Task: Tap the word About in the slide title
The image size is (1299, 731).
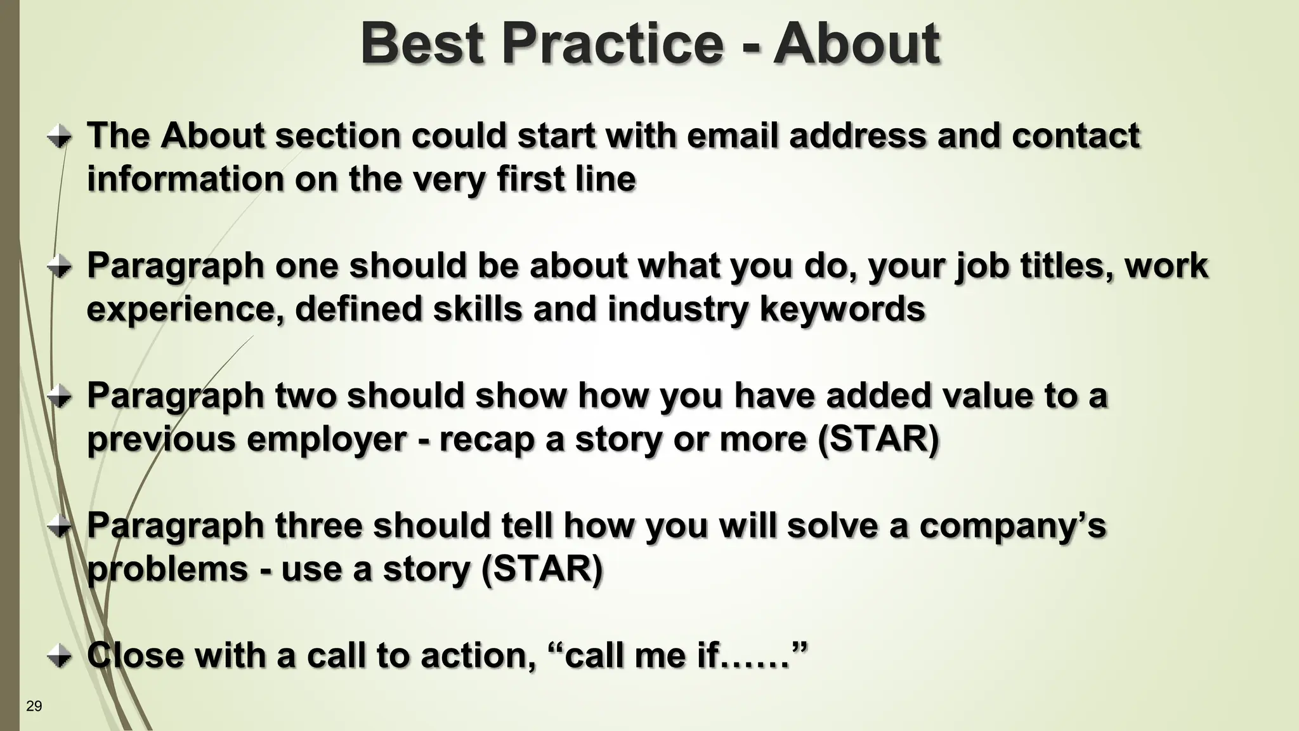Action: coord(856,43)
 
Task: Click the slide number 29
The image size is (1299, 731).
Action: coord(34,706)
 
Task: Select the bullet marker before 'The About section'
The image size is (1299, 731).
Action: coord(60,136)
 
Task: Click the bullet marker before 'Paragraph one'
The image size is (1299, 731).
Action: coord(60,266)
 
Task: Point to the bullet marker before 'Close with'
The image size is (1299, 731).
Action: coord(60,655)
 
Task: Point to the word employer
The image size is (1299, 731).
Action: coord(326,439)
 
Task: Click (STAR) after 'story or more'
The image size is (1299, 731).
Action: coord(878,439)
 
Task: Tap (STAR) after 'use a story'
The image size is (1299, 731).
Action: coord(541,569)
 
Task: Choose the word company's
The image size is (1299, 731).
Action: coord(1012,525)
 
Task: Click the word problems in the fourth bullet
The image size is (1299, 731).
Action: coord(167,569)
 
